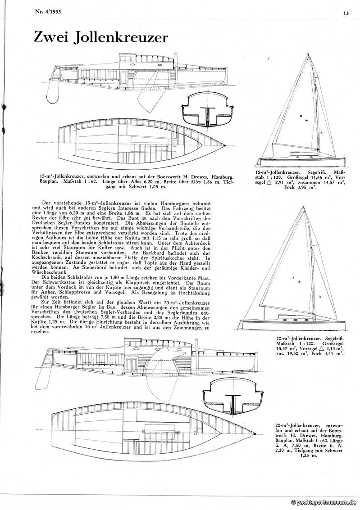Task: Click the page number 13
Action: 345,14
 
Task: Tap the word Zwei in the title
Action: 54,37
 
